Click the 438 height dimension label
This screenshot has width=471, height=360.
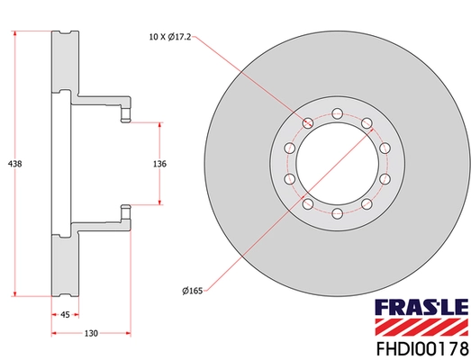(14, 164)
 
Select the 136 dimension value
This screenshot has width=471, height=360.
(160, 164)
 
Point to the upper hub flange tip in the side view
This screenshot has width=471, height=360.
(127, 114)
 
